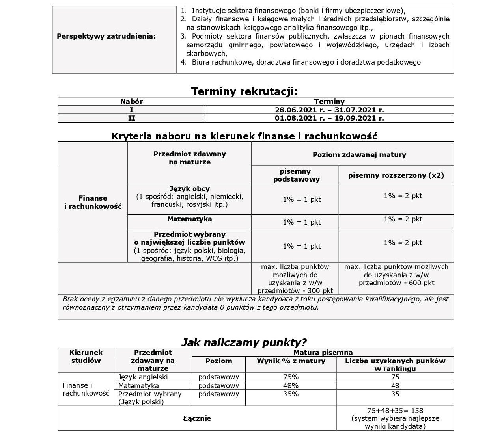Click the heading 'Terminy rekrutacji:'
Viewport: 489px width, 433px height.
(x=244, y=91)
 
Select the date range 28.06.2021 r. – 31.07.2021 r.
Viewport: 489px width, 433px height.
(x=329, y=110)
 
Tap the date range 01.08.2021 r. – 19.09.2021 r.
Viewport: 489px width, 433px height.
(x=329, y=118)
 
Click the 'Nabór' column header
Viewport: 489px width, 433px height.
(x=131, y=101)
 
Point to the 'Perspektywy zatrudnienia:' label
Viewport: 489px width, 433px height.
(x=106, y=36)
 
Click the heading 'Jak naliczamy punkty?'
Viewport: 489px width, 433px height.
(x=244, y=342)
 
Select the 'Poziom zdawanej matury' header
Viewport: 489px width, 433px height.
(x=359, y=155)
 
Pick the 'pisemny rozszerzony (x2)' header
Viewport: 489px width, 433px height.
(x=396, y=175)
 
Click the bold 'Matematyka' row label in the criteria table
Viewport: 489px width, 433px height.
(x=189, y=219)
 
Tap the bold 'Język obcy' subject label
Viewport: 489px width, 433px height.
(x=189, y=189)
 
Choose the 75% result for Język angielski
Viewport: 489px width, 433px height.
(x=291, y=377)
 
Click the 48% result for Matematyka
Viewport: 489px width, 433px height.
(x=291, y=386)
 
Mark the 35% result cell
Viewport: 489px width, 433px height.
(x=291, y=394)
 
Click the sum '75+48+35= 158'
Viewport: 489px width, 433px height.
(x=395, y=410)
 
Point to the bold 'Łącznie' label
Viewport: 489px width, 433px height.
(x=197, y=418)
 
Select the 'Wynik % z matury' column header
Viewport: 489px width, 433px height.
(x=291, y=361)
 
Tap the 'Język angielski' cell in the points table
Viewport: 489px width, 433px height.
(x=143, y=377)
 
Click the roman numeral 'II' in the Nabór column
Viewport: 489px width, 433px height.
(x=131, y=118)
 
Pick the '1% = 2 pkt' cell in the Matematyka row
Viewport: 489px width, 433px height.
(x=403, y=219)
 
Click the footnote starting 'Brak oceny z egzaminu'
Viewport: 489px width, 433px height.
(x=256, y=303)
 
